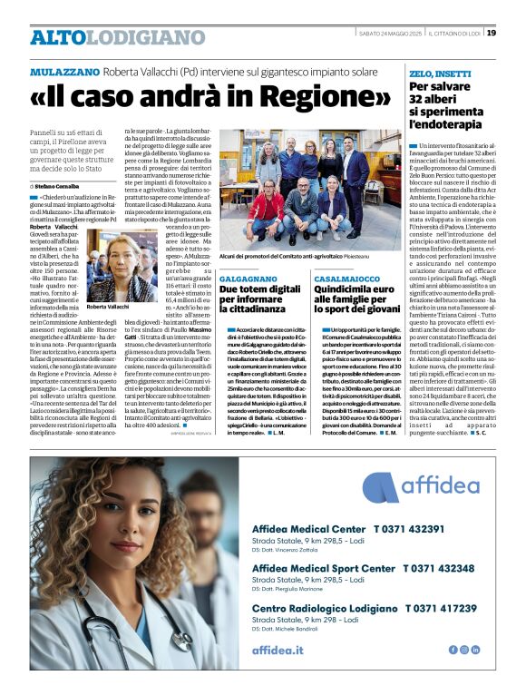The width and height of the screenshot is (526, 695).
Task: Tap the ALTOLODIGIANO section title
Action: click(x=118, y=36)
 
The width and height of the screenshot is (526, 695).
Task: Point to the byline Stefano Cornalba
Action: click(x=58, y=186)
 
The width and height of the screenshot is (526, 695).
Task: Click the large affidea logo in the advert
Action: click(x=426, y=484)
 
